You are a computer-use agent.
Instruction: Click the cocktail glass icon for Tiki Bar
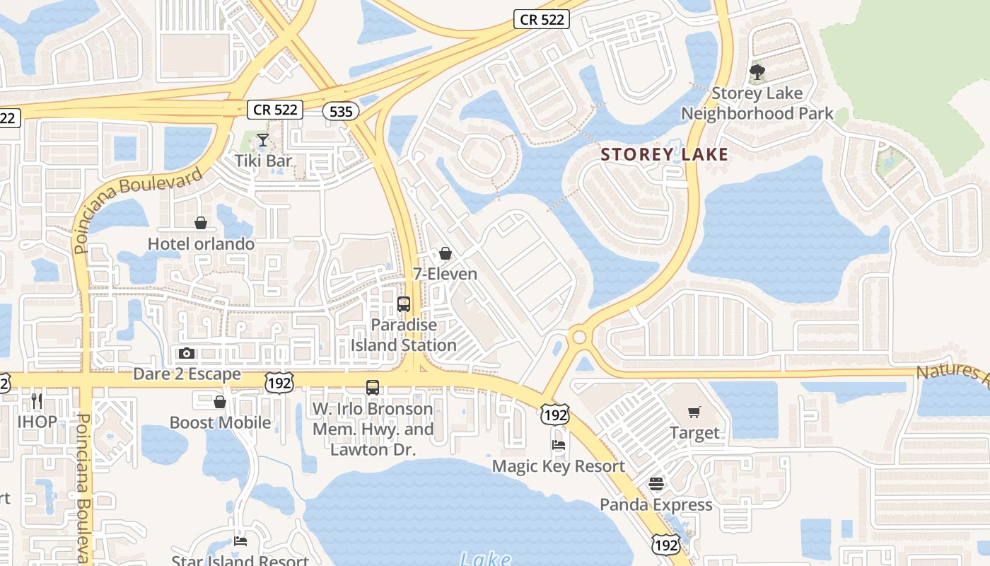pos(263,140)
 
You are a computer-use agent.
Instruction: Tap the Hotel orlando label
pos(201,244)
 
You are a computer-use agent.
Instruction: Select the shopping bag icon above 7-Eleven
pos(445,253)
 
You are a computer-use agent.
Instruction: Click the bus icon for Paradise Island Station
pos(404,304)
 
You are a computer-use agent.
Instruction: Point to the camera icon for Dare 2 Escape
pos(187,353)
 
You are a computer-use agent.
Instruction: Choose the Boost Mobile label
pos(220,422)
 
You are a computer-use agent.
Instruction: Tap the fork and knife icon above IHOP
pos(37,401)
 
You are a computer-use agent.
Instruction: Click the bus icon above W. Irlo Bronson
pos(373,387)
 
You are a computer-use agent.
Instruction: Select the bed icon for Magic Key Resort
pos(559,445)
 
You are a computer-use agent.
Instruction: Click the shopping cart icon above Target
pos(694,412)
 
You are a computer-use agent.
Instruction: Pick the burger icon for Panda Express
pos(656,484)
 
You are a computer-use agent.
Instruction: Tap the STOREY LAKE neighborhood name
pos(664,154)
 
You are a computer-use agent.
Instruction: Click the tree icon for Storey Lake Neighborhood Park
pos(757,72)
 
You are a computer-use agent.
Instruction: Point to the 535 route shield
pos(340,110)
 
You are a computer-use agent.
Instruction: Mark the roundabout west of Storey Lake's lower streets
pos(580,337)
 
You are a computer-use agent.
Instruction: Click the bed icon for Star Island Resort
pos(240,541)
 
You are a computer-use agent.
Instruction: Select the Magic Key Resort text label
pos(558,466)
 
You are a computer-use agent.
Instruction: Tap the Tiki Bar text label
pos(263,161)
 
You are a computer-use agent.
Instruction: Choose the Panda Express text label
pos(656,504)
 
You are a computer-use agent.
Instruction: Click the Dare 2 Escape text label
pos(187,374)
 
